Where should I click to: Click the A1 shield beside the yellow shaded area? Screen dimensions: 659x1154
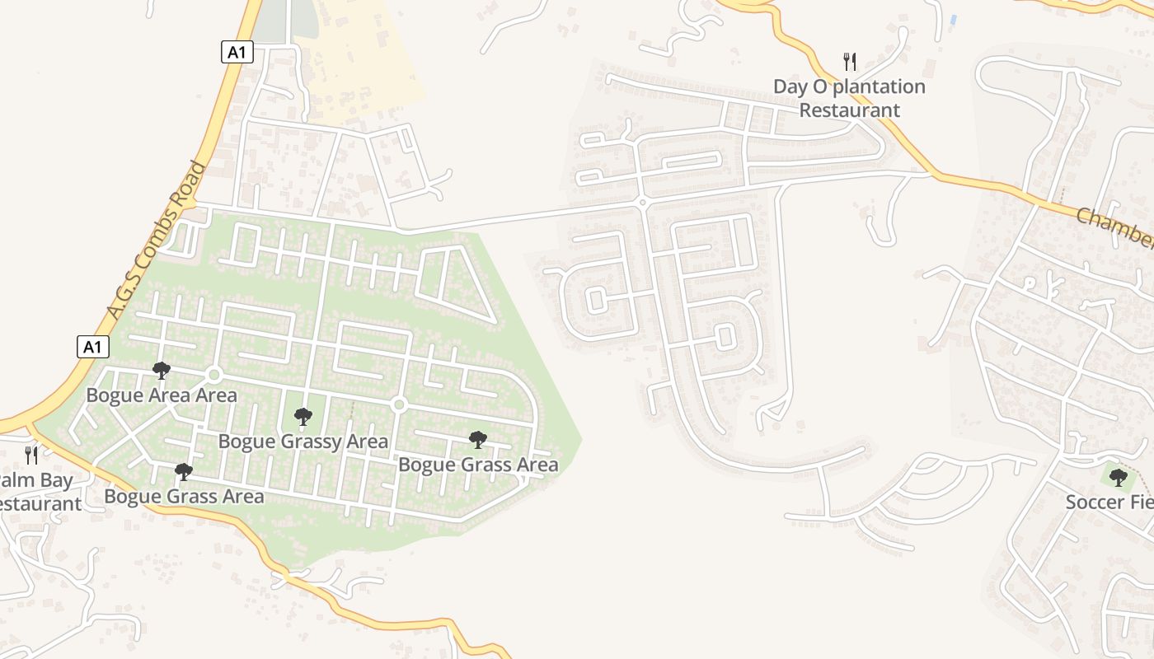(237, 53)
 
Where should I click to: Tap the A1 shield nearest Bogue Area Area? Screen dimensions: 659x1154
(93, 347)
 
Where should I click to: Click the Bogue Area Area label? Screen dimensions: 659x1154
(162, 395)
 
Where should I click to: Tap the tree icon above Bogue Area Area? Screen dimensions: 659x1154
(162, 371)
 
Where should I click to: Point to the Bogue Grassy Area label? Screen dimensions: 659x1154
(303, 442)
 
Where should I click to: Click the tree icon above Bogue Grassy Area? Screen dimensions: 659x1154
(303, 417)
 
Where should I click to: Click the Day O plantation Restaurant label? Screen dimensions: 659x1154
(849, 98)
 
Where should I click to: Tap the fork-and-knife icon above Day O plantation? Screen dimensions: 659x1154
(850, 61)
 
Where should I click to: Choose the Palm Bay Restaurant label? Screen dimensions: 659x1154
(36, 492)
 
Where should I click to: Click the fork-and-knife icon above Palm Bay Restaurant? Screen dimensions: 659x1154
(31, 455)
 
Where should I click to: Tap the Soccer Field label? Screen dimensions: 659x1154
(1109, 502)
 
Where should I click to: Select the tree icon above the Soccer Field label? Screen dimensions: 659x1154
(1118, 477)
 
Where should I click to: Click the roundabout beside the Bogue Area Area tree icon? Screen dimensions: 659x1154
(214, 376)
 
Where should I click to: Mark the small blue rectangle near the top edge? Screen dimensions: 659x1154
(954, 19)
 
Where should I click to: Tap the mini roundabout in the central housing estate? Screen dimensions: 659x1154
(642, 202)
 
